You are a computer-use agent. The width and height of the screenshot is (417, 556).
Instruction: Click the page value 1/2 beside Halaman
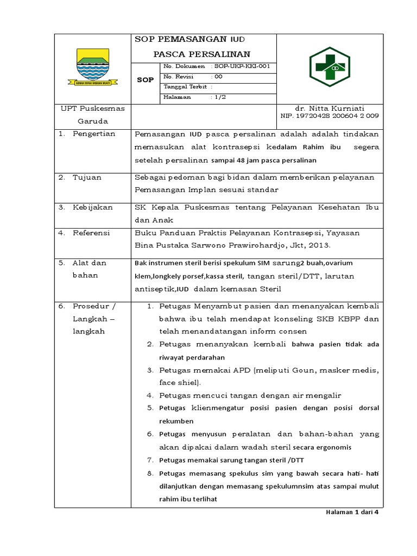(x=222, y=97)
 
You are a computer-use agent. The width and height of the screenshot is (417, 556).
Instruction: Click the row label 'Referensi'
(x=91, y=232)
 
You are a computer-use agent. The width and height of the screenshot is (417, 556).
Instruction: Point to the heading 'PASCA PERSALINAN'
(x=201, y=54)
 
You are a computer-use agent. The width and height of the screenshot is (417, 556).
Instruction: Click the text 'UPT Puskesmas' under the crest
(x=92, y=108)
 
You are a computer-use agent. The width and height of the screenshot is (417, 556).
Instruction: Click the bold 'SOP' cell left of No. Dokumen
(x=145, y=80)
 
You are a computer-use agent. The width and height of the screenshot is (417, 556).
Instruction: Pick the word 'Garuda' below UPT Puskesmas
(x=92, y=121)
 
